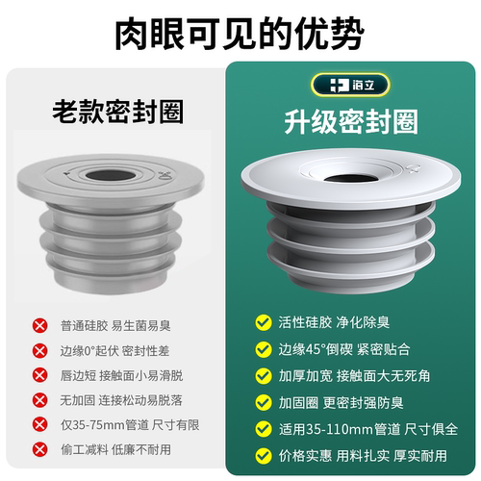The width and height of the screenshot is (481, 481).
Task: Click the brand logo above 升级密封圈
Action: click(353, 83)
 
